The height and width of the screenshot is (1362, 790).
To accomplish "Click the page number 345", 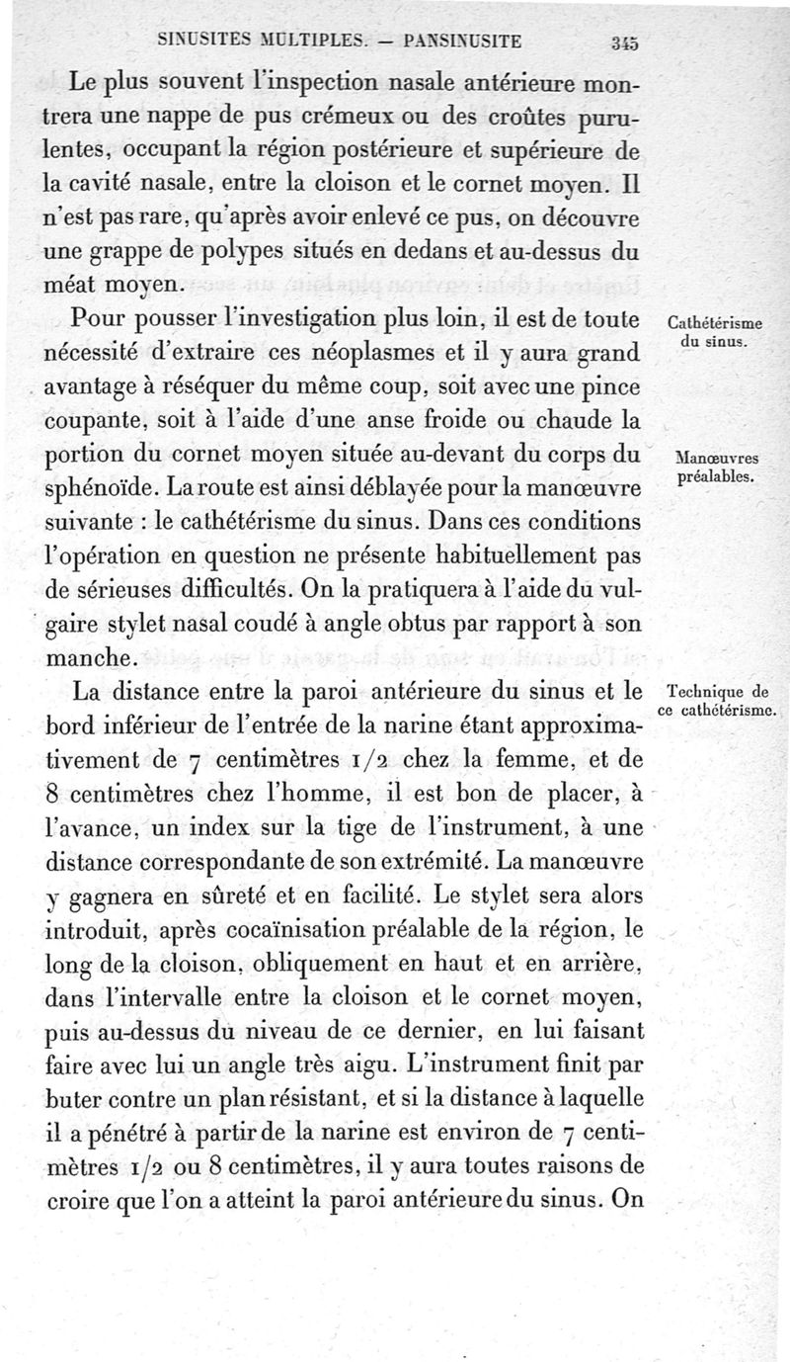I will point(626,42).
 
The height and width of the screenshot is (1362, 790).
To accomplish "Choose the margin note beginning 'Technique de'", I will point(718,701).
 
